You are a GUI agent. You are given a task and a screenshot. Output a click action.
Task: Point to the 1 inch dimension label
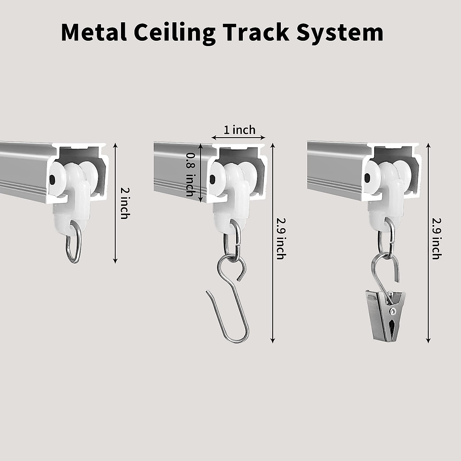(239, 130)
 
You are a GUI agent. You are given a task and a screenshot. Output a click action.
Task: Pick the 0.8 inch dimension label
(190, 175)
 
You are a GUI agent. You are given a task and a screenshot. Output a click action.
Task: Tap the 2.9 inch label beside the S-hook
(280, 238)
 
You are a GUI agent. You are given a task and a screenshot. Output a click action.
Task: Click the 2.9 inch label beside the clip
(436, 238)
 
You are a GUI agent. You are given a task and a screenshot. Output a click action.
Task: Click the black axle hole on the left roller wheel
(52, 179)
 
